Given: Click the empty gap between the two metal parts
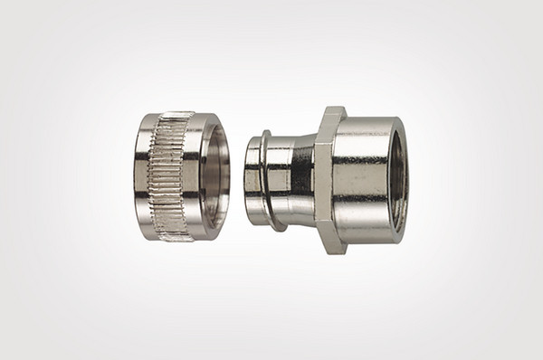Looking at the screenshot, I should click(x=237, y=178).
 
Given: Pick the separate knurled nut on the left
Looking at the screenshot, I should click(x=176, y=176).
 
